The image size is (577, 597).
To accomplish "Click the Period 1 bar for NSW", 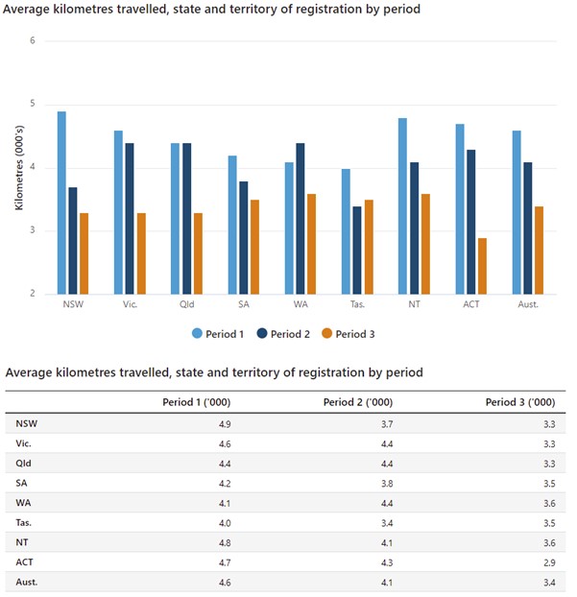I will [x=61, y=203].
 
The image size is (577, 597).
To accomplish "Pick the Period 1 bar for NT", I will [x=402, y=205].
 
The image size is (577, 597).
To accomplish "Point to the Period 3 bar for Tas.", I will [x=369, y=247].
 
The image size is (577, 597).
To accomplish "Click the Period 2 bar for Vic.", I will [x=130, y=219].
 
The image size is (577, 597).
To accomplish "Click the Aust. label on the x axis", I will [x=528, y=304].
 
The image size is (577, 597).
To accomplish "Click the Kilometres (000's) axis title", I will [x=18, y=168].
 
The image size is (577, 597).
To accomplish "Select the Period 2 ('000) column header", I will [x=361, y=402].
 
